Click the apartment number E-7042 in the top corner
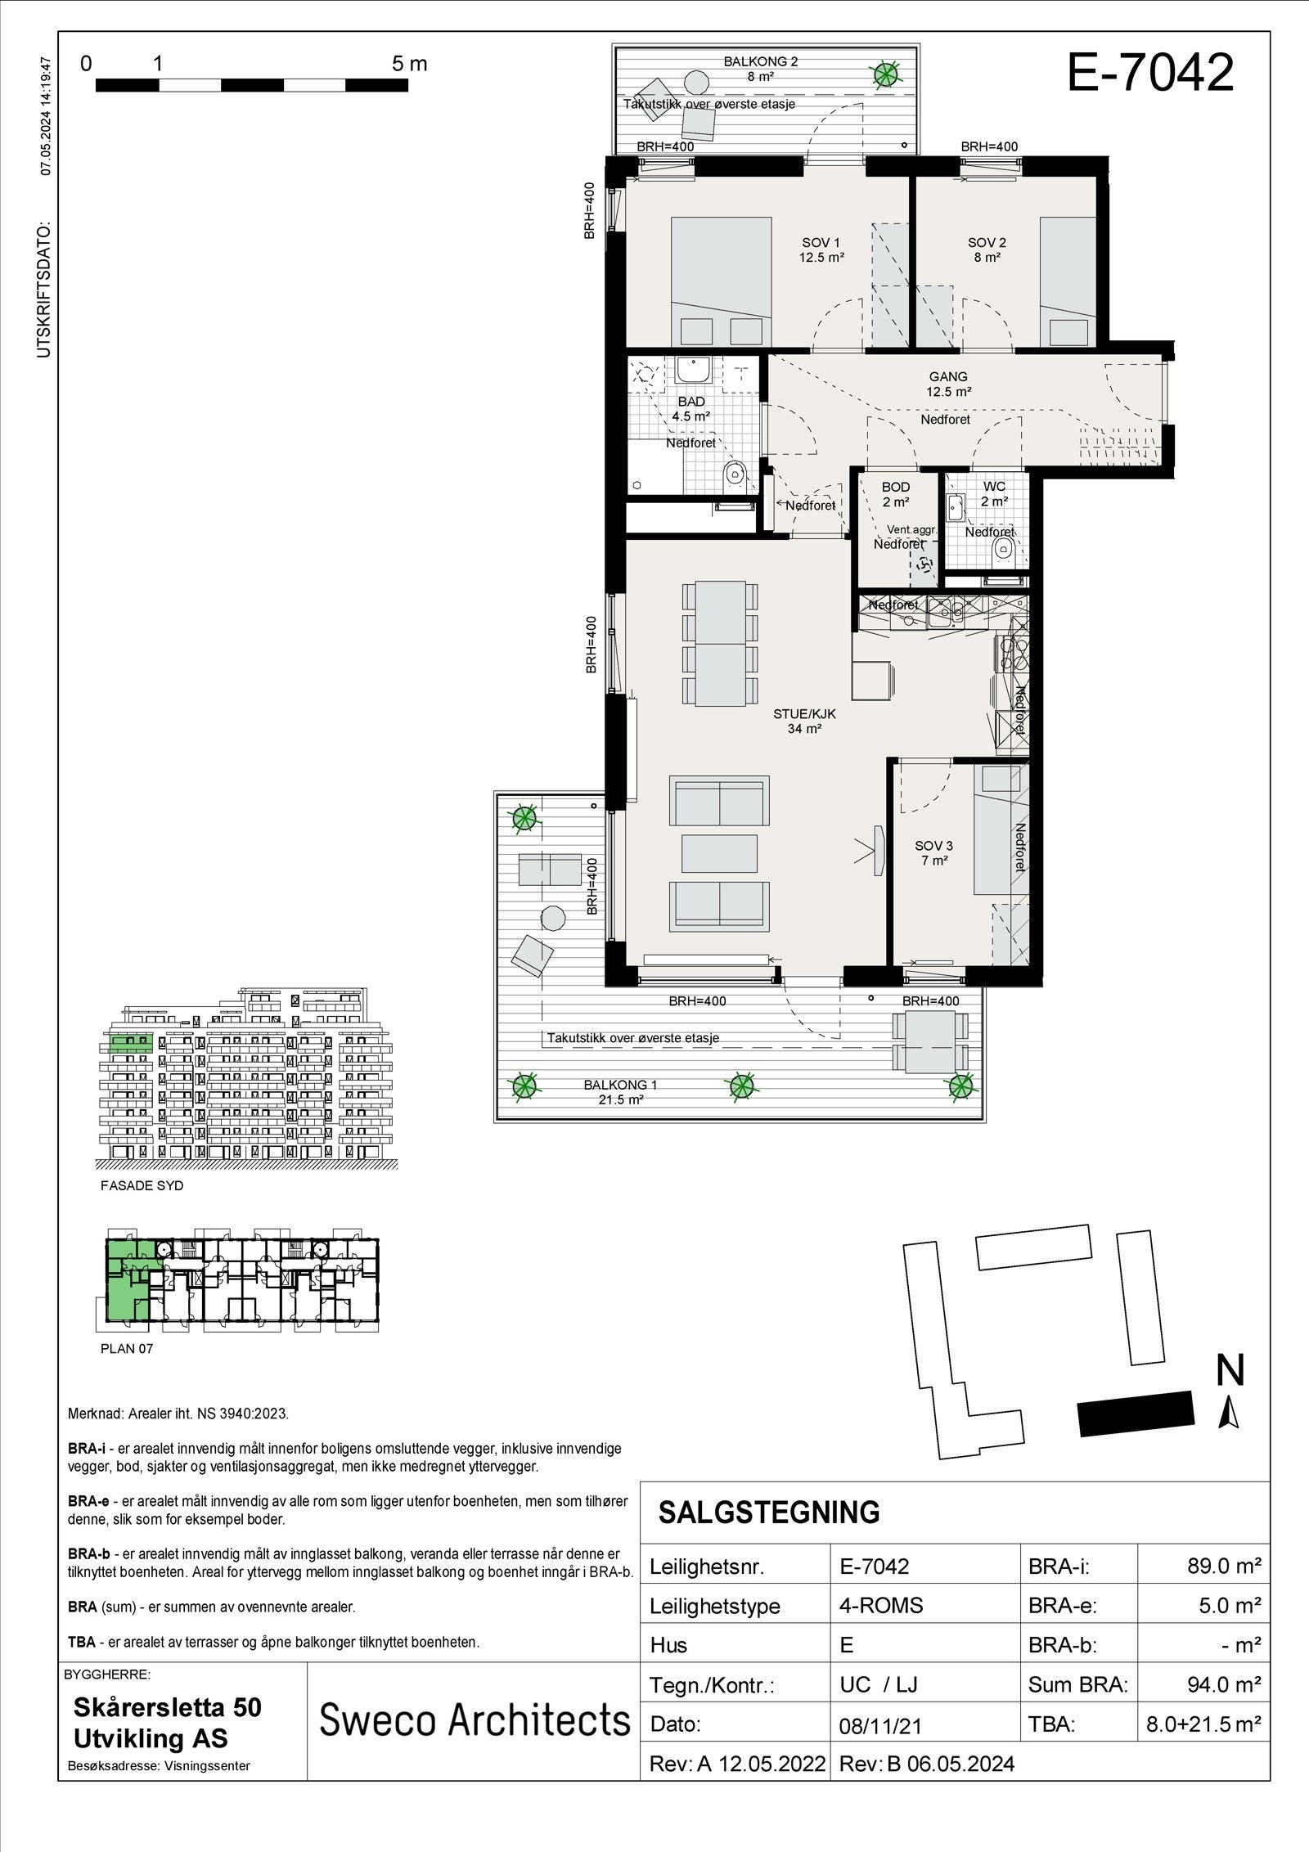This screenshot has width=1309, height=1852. tap(1150, 73)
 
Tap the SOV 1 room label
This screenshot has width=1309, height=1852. tap(821, 249)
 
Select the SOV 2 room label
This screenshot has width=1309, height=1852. tap(987, 249)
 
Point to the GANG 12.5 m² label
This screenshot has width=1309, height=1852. tap(948, 384)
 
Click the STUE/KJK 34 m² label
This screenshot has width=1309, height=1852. tap(804, 721)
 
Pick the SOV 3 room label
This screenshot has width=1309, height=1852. tap(933, 853)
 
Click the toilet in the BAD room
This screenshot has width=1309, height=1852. tap(735, 472)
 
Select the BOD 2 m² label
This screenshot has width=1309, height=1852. tap(896, 494)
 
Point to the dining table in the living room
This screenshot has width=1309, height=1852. tap(721, 644)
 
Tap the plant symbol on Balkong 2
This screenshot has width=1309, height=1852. tap(884, 75)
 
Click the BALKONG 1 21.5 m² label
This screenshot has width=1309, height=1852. tap(620, 1091)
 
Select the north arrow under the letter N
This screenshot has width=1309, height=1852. tap(1228, 1414)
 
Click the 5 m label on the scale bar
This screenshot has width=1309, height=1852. tap(410, 64)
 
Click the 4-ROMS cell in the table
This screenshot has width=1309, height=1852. tap(880, 1605)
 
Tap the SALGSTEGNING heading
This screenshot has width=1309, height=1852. tap(769, 1513)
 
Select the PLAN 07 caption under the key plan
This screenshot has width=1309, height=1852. tap(127, 1349)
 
